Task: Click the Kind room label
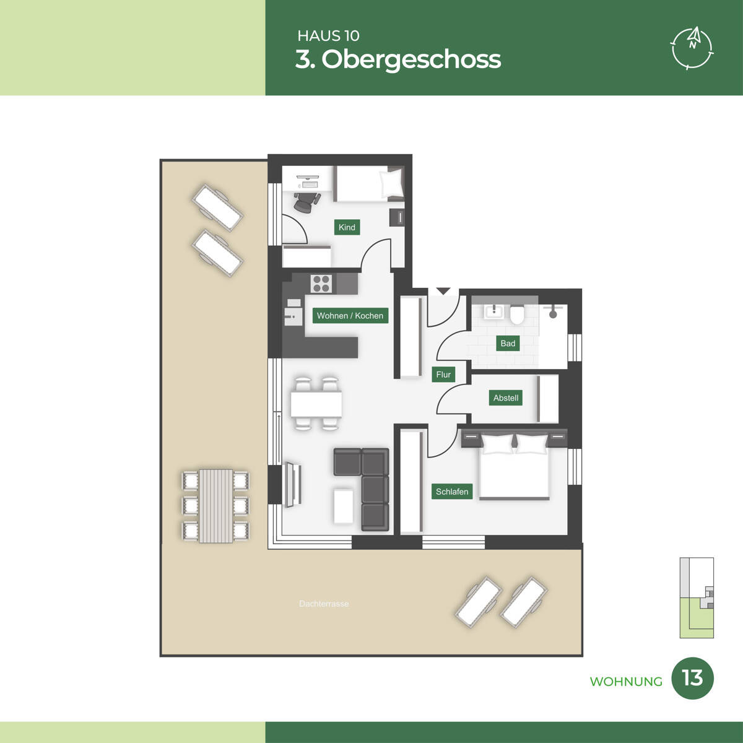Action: coord(347,227)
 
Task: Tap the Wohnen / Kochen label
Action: coord(350,316)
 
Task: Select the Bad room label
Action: coord(508,344)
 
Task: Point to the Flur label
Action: coord(443,375)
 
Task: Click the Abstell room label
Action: coord(506,398)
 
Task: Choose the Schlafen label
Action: coord(452,492)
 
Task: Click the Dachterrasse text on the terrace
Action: coord(324,604)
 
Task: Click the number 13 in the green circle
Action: coord(692,678)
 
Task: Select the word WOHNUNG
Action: coord(626,682)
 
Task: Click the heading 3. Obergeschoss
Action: coord(398,59)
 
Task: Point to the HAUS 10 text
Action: coord(328,36)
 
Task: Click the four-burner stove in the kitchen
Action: coord(321,284)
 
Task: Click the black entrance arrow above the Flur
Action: coord(443,291)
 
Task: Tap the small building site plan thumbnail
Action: coord(697,597)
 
